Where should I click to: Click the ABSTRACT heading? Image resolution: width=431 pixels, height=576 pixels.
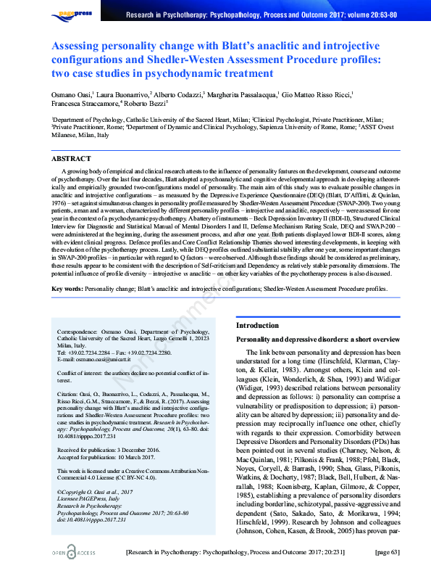[72, 158]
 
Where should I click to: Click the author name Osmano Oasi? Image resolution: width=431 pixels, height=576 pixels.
[70, 94]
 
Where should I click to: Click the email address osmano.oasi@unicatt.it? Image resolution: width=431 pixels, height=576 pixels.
[96, 361]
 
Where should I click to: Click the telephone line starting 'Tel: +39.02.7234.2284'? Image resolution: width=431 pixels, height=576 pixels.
[114, 353]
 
